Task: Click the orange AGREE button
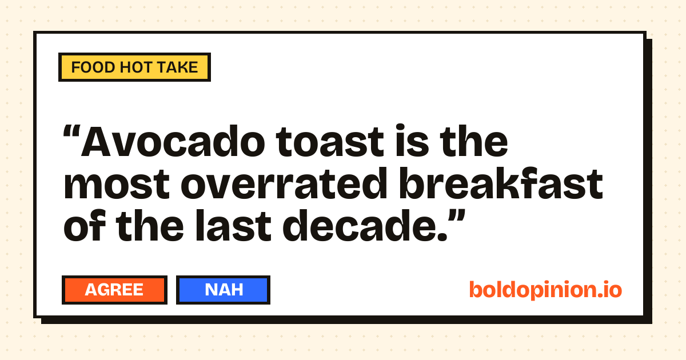coord(114,290)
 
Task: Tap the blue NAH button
coord(223,290)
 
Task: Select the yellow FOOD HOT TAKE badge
coord(134,67)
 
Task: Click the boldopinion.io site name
coord(545,290)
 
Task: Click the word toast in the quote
coord(330,142)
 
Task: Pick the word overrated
coord(284,183)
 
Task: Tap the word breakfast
coord(501,183)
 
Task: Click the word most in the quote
coord(117,185)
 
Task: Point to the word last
coord(233,226)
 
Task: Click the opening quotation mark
coord(71,131)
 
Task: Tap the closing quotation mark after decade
coord(457,217)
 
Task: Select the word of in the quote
coord(84,226)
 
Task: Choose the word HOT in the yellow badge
coord(135,67)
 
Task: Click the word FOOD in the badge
coord(93,67)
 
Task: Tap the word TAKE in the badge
coord(177,67)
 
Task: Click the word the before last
coord(150,226)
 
